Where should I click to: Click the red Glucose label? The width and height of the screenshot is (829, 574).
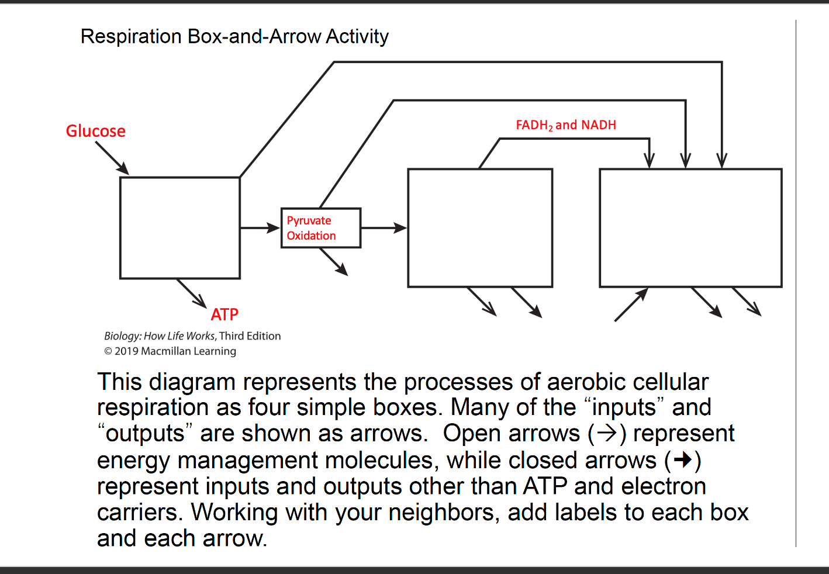[x=95, y=131]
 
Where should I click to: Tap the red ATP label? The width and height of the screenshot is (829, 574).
[x=224, y=314]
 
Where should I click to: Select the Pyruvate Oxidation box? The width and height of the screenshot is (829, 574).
[x=320, y=228]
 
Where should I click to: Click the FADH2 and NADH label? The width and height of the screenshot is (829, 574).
[x=565, y=125]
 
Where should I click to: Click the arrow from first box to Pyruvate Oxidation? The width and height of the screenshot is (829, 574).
[x=260, y=228]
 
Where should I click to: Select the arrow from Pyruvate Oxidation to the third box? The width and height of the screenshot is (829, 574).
[x=384, y=228]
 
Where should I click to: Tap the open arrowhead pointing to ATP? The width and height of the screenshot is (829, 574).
[x=200, y=301]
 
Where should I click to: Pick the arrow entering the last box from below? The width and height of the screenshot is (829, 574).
[x=631, y=305]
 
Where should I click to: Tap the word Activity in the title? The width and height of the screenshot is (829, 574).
[x=357, y=37]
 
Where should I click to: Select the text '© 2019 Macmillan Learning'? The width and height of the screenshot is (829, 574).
[x=170, y=351]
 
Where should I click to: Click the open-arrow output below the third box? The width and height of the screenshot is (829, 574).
[x=483, y=302]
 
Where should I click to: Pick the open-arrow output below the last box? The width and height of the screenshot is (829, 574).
[x=747, y=302]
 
